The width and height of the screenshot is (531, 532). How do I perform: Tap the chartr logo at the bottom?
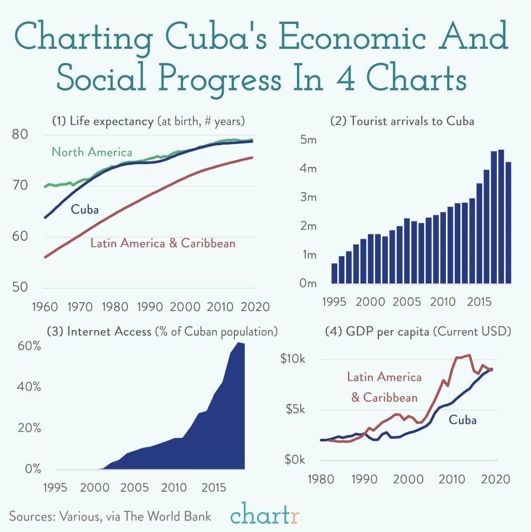point(265,516)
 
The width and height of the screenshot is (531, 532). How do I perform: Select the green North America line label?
point(92,152)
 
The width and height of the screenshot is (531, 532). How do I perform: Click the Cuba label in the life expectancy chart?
point(85,209)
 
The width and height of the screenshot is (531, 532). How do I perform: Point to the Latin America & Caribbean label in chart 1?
point(163,243)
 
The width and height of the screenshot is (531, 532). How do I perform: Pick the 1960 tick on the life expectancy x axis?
point(45,307)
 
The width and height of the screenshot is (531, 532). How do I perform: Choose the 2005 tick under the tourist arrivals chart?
point(406,302)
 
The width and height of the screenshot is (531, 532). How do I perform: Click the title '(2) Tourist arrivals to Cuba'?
point(402,121)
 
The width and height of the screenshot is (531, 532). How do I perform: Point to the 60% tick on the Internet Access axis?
point(29,346)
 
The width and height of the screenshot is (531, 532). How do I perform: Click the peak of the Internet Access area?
point(238,343)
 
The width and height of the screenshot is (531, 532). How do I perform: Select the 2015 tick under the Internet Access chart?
point(214,488)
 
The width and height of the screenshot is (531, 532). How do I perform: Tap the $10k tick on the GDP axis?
point(293,359)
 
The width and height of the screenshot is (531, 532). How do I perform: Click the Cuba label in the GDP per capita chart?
point(462,420)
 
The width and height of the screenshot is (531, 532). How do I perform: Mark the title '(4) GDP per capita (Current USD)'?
point(418,331)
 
